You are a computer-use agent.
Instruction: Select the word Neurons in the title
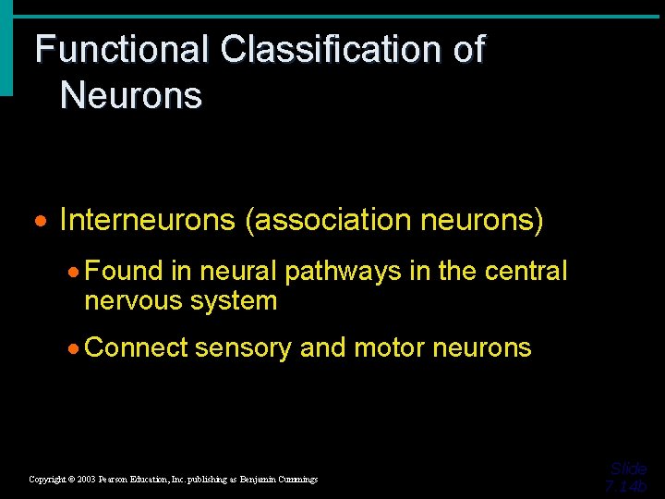[130, 95]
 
